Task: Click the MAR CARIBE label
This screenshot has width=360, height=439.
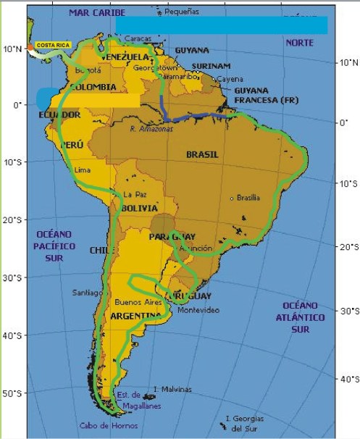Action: point(97,13)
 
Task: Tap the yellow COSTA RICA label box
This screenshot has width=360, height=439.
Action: point(53,46)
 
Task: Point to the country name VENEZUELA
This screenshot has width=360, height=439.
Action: point(126,57)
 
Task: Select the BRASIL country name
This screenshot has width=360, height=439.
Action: point(202,154)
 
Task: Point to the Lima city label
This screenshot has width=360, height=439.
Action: point(83,170)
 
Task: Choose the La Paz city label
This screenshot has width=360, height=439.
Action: point(130,194)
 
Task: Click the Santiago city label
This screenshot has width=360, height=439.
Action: point(87,293)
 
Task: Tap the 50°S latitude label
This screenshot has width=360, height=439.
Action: point(12,393)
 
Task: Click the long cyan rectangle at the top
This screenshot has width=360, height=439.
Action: point(221,25)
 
